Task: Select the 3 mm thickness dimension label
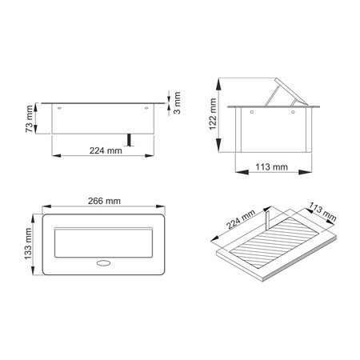(178, 104)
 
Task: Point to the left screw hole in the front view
(60, 107)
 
